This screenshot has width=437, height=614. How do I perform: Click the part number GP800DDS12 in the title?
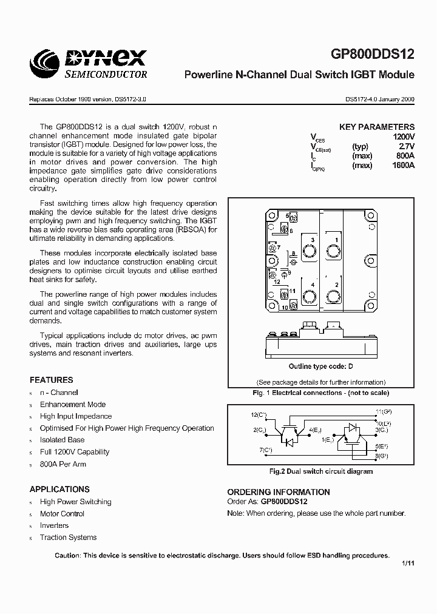point(373,54)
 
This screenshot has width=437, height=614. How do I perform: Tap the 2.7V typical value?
point(405,147)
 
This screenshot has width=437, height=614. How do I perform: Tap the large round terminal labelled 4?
point(309,296)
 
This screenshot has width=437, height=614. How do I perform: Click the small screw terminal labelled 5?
point(293,217)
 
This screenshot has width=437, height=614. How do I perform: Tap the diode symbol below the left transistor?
point(290,442)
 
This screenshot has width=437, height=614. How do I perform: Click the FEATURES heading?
point(51,380)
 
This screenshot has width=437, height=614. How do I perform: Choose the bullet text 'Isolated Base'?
point(62,440)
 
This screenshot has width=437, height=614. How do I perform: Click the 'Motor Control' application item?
point(62,513)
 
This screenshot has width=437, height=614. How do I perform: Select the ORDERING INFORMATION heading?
point(279,492)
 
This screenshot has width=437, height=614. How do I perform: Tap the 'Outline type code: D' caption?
point(320,366)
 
